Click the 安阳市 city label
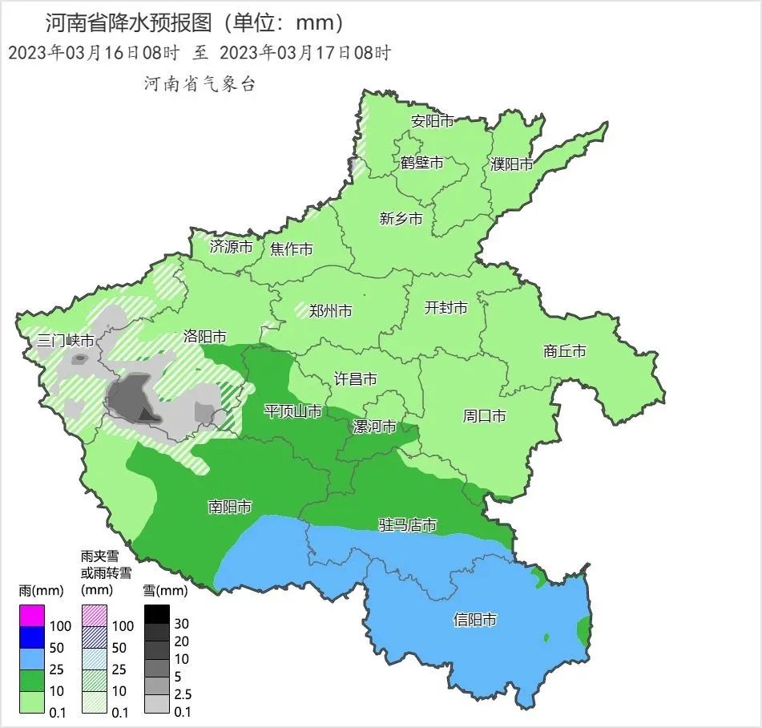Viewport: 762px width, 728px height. click(432, 122)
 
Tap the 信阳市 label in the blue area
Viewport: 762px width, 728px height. click(474, 620)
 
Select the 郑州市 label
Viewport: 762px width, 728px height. click(330, 310)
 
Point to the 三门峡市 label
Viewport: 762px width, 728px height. click(66, 341)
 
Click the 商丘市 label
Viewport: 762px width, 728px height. click(564, 351)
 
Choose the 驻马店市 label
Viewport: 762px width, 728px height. click(408, 525)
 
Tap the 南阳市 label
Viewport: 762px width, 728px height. click(230, 507)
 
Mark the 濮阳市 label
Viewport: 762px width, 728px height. click(511, 164)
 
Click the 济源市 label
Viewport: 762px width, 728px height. click(231, 247)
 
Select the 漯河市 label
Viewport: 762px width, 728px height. click(375, 427)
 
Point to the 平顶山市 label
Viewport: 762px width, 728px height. click(293, 411)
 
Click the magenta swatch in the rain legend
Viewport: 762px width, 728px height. click(32, 616)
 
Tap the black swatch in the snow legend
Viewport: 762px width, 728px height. click(157, 614)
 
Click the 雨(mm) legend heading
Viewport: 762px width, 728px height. click(40, 591)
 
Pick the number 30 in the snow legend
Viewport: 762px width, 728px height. click(181, 623)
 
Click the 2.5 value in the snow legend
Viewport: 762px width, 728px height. click(183, 694)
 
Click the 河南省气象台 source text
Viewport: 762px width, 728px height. click(200, 84)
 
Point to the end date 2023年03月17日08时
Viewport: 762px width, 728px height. click(304, 54)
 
